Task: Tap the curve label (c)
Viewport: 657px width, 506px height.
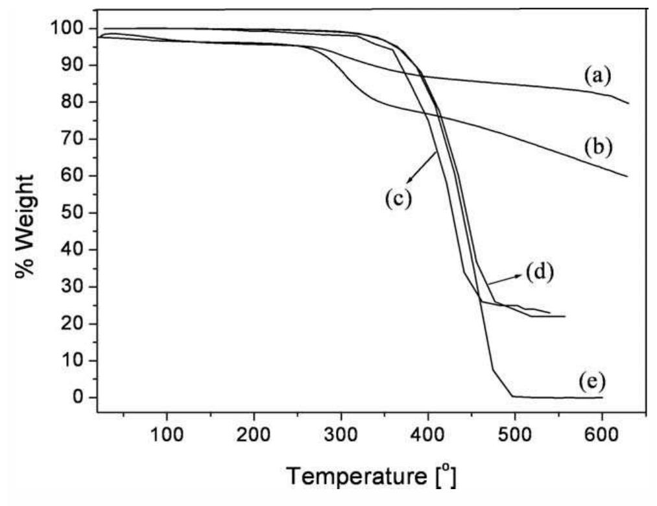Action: click(397, 199)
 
